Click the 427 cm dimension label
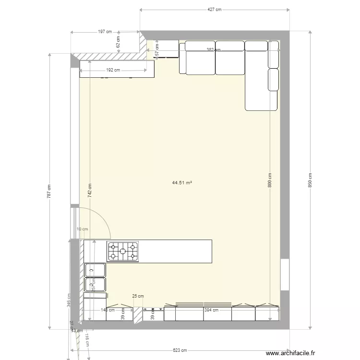215,9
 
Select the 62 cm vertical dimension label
118,42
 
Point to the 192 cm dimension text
113,70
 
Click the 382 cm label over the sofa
213,49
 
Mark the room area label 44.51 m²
182,182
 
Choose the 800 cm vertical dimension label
270,180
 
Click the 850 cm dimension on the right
310,180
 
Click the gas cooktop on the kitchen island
122,252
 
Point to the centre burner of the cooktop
122,251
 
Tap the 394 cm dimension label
211,310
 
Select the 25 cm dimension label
138,296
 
